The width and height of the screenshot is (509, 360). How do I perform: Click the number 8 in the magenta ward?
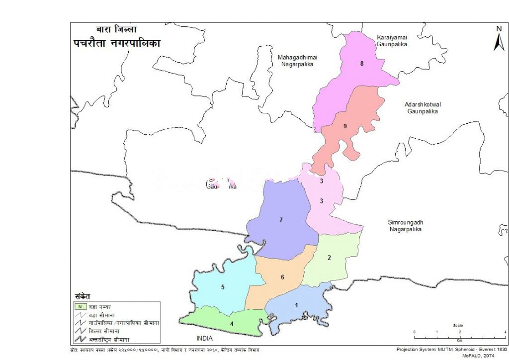coord(362,64)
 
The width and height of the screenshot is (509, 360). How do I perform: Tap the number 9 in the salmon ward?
coord(344,126)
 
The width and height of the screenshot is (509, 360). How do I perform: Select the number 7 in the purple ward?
coord(281,219)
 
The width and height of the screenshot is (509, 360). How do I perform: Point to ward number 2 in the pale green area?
coord(329,258)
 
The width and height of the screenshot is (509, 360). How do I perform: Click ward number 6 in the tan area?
coord(282,277)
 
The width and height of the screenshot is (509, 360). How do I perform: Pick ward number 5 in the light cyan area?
coord(223,287)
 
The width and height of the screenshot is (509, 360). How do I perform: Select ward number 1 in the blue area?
coord(297,305)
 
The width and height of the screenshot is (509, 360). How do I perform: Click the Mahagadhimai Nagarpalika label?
coord(297,61)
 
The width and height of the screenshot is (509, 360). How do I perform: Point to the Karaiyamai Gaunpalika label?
coord(392,41)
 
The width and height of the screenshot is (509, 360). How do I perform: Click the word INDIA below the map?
coord(204,338)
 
